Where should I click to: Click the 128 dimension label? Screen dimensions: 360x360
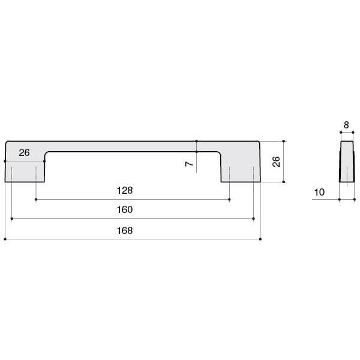[x=125, y=190]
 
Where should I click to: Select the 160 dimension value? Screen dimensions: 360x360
[x=125, y=209]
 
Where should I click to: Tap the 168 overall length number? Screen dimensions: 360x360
[x=125, y=230]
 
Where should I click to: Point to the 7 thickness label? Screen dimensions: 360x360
[x=189, y=164]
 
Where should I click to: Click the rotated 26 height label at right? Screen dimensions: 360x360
[x=276, y=161]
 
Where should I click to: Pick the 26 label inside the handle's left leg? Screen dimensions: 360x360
[x=24, y=152]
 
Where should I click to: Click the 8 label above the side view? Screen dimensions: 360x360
[x=346, y=125]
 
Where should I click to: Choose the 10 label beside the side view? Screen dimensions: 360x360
[x=319, y=192]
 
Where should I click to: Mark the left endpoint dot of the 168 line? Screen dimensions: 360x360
[x=5, y=239]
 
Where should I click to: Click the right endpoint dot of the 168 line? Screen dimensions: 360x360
[x=260, y=239]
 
